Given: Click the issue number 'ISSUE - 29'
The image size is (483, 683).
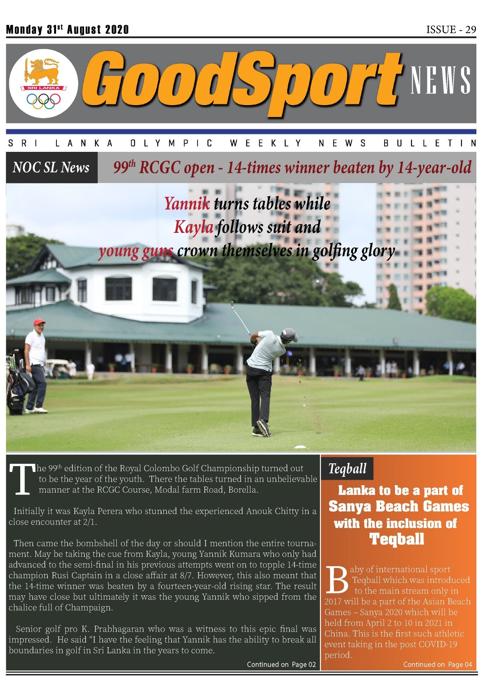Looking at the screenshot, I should coord(451,30).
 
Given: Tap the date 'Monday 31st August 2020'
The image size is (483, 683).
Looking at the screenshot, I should coord(67,30).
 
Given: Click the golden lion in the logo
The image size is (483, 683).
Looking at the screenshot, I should coord(42,71).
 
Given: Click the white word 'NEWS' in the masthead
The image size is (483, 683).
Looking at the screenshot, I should coord(441,80).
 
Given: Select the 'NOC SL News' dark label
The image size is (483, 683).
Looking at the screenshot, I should coord(51,167).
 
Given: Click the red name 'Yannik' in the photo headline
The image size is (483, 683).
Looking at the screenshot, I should coord(187,204).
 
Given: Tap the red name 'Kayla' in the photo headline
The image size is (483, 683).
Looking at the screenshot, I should coord(193,227).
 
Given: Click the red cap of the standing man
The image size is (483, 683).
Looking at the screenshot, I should coord(39,322).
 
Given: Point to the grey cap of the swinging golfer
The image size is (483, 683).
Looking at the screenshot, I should coord(289,334).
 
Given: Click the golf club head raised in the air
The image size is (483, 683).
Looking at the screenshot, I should coord(232,304).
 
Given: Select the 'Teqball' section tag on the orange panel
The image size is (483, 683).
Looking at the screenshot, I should coord(347,468).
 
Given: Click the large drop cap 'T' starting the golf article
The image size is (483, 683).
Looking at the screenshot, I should coord(23,480).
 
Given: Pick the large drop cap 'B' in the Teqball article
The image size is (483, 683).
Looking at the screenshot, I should coord(337,580).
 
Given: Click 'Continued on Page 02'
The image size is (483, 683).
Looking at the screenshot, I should coord(281,664).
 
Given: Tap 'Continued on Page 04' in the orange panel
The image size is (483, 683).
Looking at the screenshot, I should coord(437,664).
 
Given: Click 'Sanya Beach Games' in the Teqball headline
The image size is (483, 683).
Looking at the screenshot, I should coord(399,507).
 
